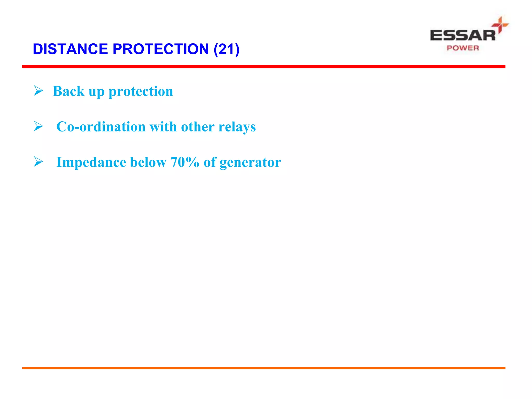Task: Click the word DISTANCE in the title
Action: [70, 49]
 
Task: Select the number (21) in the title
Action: [226, 49]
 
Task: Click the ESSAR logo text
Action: [462, 35]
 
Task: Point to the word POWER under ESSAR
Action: [463, 48]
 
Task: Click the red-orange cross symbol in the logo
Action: [500, 25]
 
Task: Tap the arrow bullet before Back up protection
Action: [38, 91]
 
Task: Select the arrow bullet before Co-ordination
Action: [38, 127]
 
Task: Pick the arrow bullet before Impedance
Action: [38, 162]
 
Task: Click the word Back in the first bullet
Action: [69, 91]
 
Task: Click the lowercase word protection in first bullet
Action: [141, 92]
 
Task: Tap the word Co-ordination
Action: [101, 127]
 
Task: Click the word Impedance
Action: [91, 162]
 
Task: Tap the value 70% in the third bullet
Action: [185, 162]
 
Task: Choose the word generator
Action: [250, 163]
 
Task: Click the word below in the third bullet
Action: [148, 162]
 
